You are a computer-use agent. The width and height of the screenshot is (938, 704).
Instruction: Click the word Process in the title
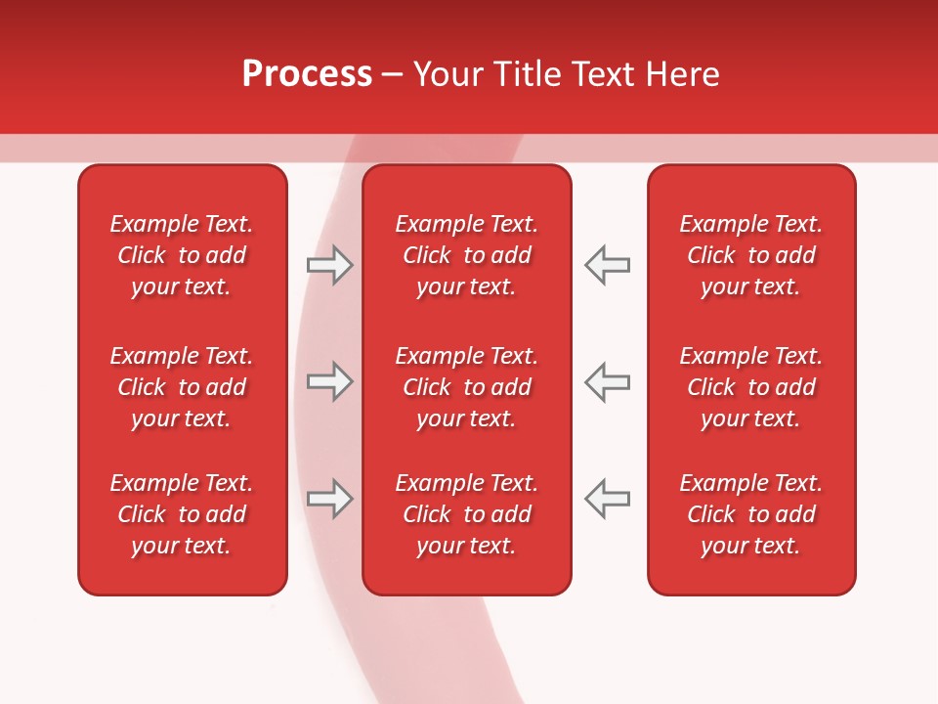click(307, 74)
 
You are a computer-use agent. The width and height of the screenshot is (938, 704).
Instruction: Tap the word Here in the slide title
click(684, 74)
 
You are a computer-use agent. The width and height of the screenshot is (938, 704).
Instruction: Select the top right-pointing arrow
click(329, 265)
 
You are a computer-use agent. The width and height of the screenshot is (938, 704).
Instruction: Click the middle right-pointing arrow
click(329, 381)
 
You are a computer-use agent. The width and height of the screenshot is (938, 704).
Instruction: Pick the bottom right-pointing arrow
click(329, 499)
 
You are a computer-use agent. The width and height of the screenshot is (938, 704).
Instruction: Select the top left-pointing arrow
click(608, 265)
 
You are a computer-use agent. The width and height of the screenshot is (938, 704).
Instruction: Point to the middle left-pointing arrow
click(608, 381)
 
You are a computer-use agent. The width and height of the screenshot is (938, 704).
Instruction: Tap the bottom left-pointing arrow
click(608, 499)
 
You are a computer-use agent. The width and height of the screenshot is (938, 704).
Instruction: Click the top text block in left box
click(182, 255)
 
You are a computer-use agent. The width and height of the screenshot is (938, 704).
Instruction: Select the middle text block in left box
click(182, 387)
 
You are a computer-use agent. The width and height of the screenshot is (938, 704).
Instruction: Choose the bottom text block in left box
click(182, 514)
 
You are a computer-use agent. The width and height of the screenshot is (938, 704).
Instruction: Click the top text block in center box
click(467, 255)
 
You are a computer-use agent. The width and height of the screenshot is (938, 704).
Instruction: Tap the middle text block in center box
click(467, 387)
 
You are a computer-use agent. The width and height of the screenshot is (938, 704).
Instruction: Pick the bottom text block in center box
click(467, 514)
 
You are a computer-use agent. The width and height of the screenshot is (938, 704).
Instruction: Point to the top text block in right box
click(751, 255)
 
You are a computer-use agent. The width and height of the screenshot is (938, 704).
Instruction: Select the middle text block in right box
click(751, 387)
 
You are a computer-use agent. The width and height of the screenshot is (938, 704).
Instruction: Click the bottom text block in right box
click(751, 514)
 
